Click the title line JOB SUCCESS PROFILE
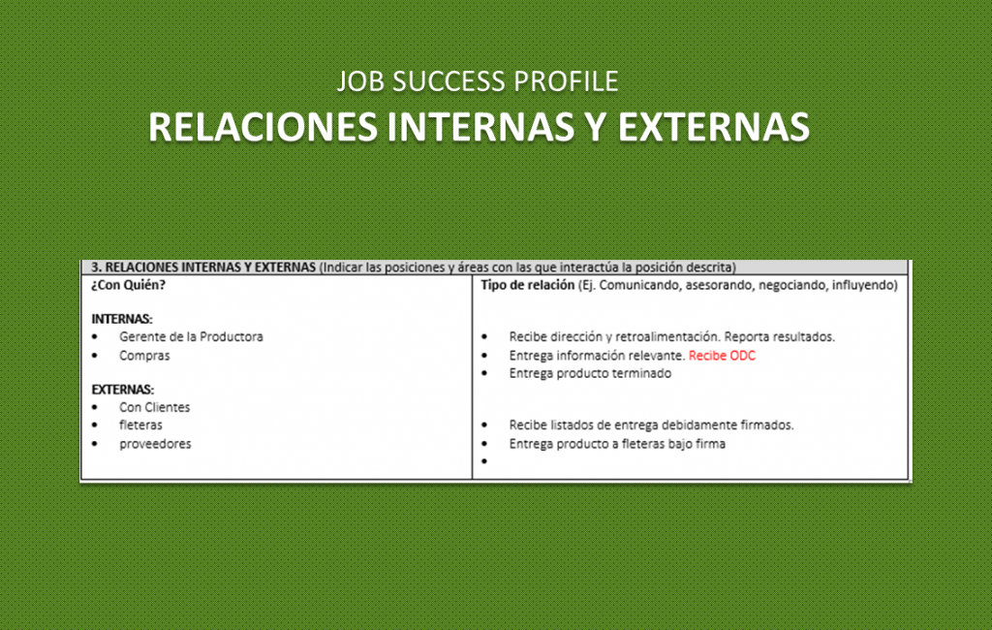(x=478, y=81)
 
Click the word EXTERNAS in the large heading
(x=714, y=127)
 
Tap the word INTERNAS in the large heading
(x=480, y=127)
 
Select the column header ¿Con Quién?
(x=129, y=285)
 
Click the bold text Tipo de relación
(x=527, y=285)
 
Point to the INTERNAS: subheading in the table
(x=122, y=319)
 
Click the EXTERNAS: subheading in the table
(x=123, y=390)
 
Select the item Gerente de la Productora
(x=191, y=337)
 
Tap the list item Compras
(x=144, y=356)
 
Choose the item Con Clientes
(x=154, y=407)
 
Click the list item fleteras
(x=140, y=425)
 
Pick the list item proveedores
(x=155, y=444)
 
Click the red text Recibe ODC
(x=722, y=356)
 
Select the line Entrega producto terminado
(x=590, y=373)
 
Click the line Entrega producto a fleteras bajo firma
(x=617, y=444)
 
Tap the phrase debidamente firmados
(x=728, y=425)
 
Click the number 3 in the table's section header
(x=95, y=268)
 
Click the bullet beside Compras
(x=95, y=356)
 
